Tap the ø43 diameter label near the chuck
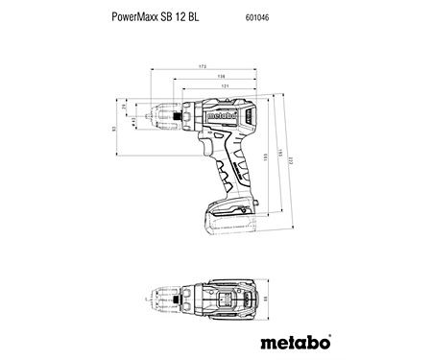[132, 120]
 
